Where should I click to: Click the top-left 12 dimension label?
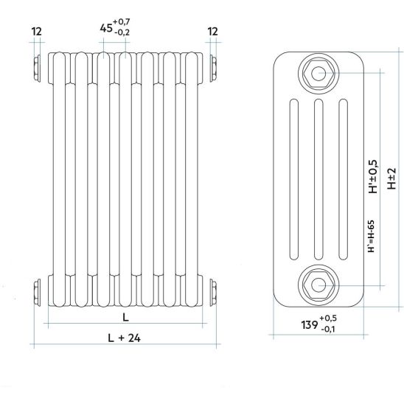36,32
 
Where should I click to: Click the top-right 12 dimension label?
212,32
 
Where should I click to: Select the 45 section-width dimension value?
106,28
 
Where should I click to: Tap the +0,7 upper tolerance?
122,21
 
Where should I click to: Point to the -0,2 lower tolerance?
122,32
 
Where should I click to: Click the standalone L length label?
125,317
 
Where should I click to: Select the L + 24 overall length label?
124,338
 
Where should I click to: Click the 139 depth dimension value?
310,325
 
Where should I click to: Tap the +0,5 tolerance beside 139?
328,318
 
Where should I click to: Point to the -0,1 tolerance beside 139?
328,329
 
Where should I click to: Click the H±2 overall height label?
391,178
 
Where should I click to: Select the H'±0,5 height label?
373,176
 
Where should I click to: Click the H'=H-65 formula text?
371,236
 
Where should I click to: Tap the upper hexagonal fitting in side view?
318,74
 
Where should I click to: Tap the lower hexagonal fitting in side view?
318,285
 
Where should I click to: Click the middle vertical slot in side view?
318,179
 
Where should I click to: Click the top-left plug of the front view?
37,69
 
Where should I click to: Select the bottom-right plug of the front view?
213,293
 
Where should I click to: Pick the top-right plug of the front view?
213,69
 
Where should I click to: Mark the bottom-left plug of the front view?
37,293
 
